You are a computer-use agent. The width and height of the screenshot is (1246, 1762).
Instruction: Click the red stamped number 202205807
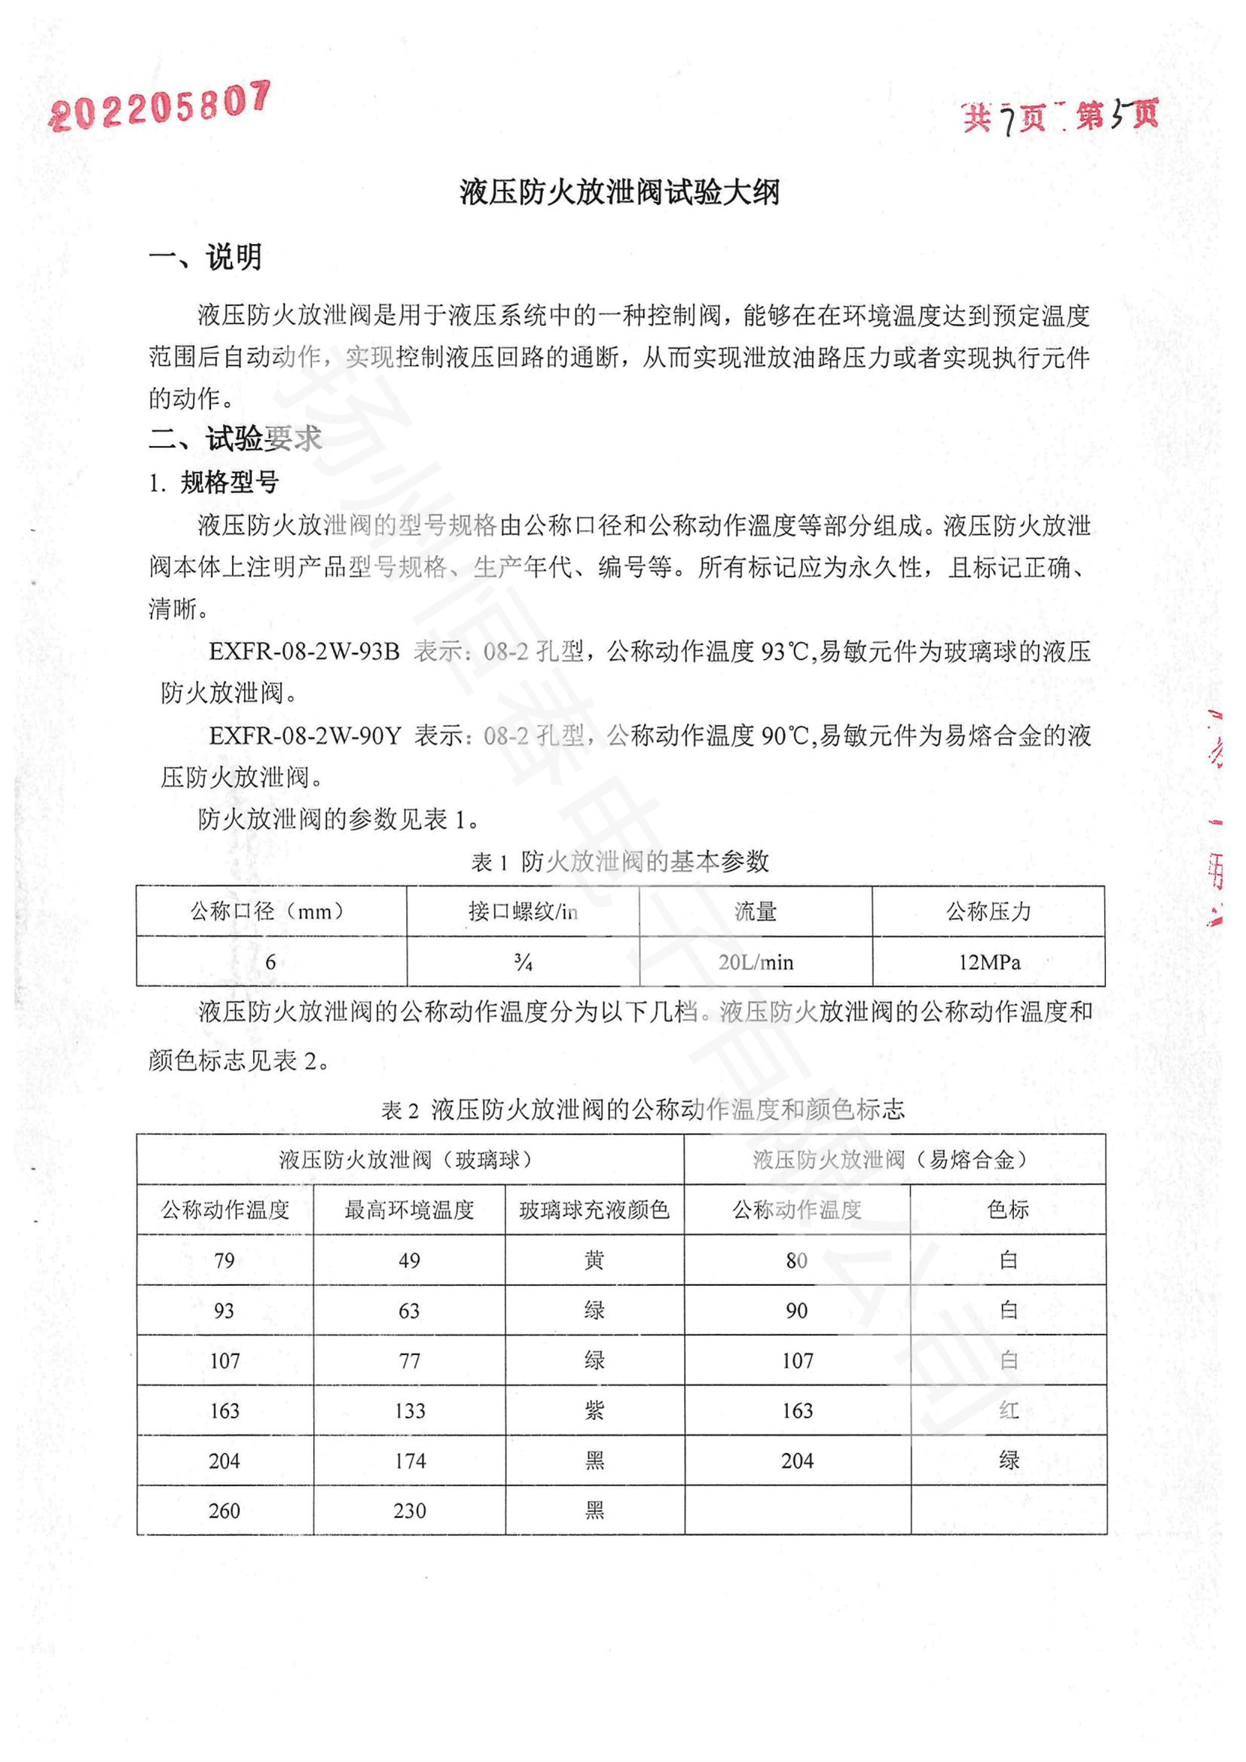coord(160,107)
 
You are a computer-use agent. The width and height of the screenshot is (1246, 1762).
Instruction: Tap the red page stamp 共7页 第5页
coord(1060,117)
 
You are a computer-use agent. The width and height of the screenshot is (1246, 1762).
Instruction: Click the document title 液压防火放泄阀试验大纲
coord(620,192)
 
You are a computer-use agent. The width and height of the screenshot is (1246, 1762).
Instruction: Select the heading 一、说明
coord(206,257)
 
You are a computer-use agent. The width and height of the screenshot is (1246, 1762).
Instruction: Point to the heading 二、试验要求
coord(235,439)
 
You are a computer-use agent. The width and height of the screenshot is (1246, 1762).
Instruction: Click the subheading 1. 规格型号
coord(214,483)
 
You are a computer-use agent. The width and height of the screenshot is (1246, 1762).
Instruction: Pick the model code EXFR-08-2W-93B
coord(304,652)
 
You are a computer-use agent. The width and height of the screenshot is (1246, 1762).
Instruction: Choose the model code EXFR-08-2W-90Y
coord(304,736)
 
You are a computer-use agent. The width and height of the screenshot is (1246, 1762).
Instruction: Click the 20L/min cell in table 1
coord(756,961)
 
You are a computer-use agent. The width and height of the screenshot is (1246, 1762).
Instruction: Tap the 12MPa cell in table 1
coord(989,961)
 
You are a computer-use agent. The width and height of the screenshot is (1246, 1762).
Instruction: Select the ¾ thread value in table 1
coord(524,961)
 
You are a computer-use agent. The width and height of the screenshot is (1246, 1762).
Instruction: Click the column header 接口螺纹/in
coord(524,912)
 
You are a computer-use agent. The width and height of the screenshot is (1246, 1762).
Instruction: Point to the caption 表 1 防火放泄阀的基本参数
coord(620,862)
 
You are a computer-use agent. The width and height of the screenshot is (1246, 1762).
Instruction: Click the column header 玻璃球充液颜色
coord(594,1211)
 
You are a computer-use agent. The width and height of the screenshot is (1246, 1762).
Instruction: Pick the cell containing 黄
coord(594,1260)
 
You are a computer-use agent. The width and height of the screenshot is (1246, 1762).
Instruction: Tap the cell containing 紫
coord(594,1410)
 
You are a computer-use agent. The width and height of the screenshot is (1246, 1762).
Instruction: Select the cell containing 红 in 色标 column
coord(1009,1410)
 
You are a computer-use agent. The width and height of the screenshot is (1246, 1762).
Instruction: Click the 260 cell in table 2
coord(224,1511)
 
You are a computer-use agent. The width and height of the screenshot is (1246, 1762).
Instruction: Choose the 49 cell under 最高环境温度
coord(409,1260)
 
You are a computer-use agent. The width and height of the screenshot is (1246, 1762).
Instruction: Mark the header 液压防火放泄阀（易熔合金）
coord(894,1159)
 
